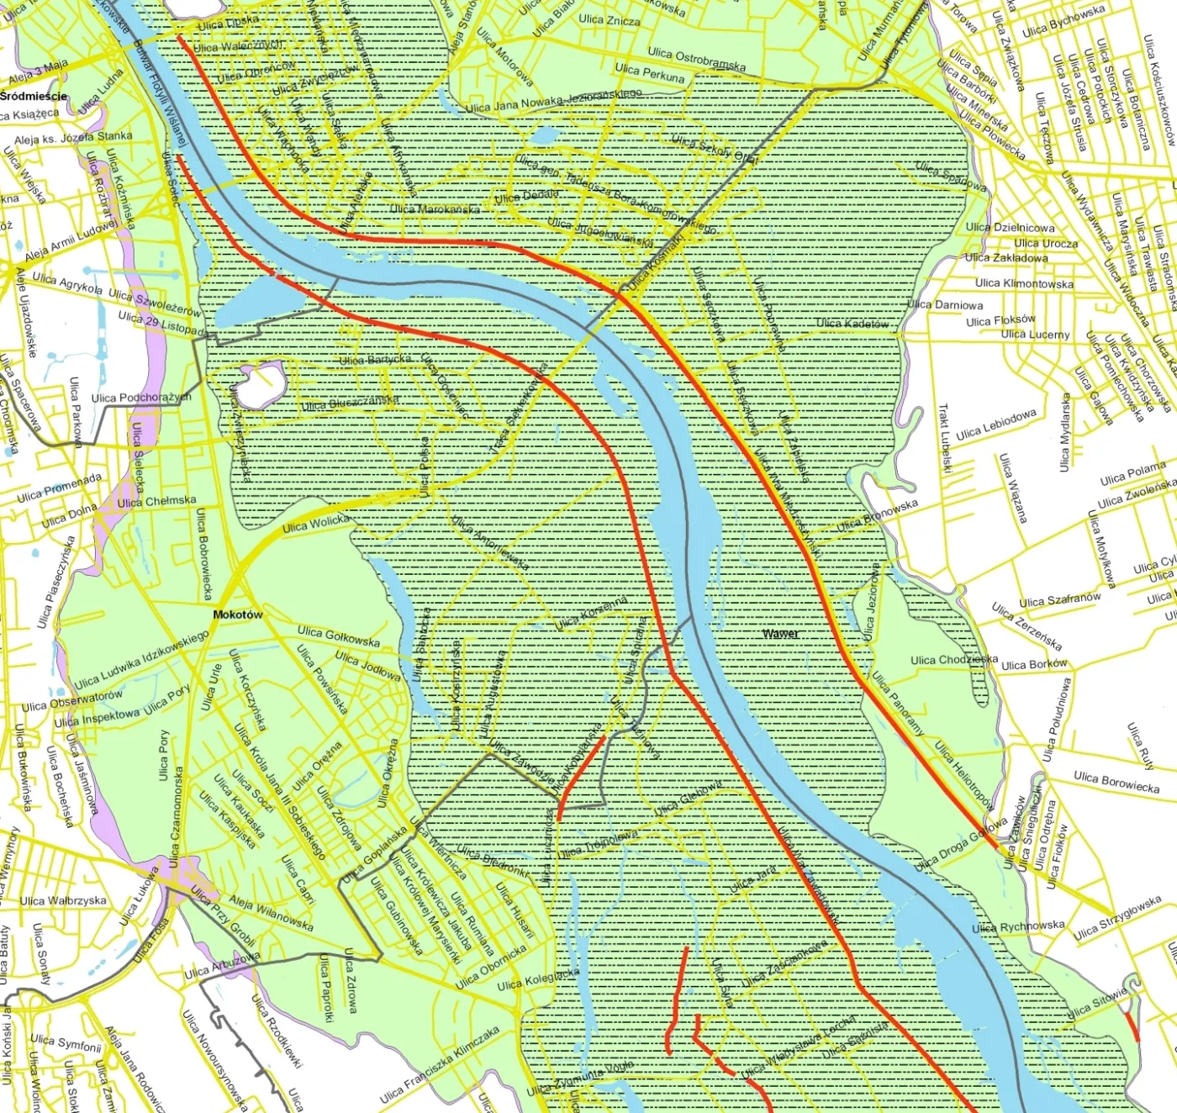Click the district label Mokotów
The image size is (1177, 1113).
point(237,615)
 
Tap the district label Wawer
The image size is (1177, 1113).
point(781,633)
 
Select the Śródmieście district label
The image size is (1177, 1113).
point(34,96)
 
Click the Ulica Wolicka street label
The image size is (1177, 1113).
point(316,524)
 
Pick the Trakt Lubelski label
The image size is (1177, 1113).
point(945,438)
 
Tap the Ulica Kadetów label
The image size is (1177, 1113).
point(852,323)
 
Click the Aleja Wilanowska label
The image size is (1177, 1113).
point(271,914)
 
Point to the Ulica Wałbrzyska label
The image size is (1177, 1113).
point(63,900)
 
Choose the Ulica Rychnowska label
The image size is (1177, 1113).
point(1018,926)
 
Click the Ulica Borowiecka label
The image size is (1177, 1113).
point(1116,782)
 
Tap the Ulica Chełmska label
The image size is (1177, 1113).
point(156,501)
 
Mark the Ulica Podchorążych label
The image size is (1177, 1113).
point(141,397)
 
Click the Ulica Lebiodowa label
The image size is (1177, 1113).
point(995,425)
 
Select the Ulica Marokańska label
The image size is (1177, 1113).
point(435,208)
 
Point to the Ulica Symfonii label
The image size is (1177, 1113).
point(66,1043)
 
